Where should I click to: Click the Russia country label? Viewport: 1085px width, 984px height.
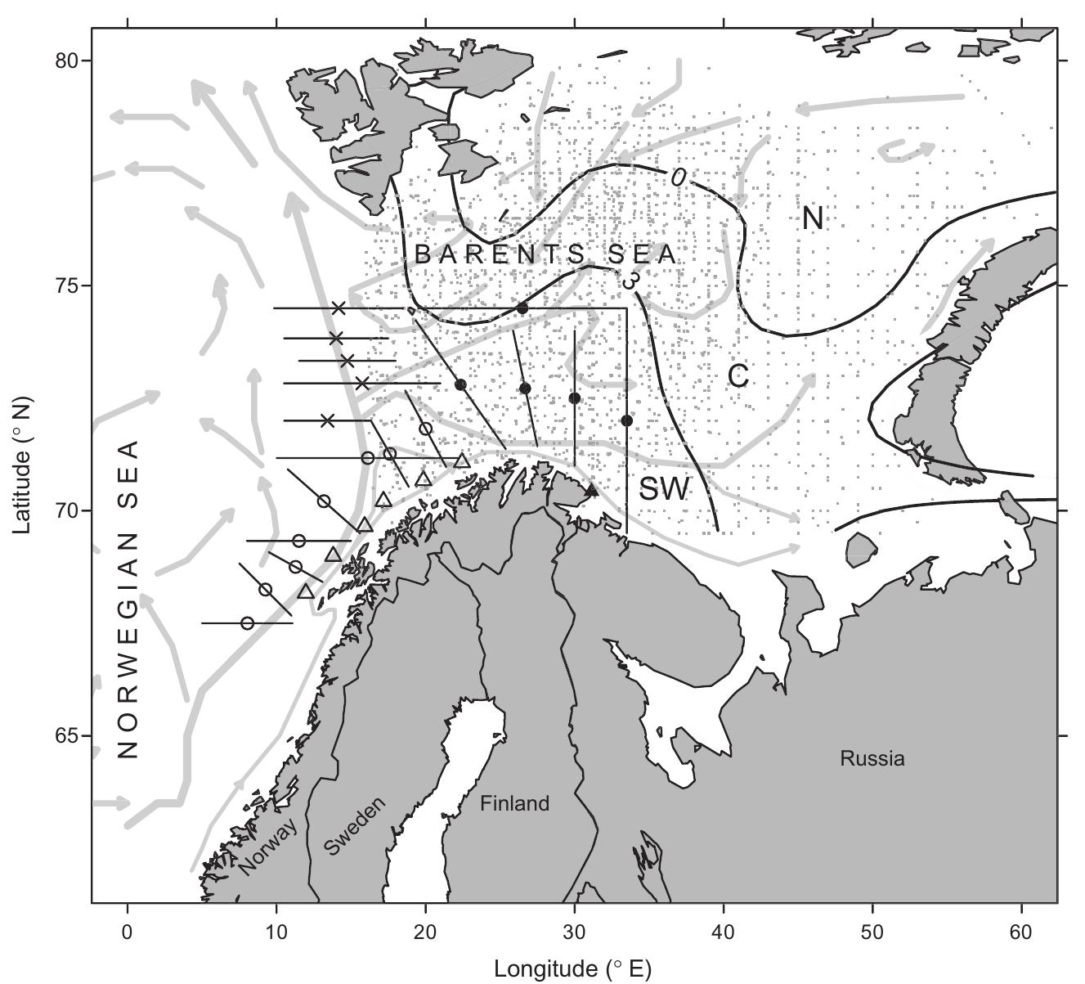872,758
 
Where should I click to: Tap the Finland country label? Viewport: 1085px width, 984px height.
514,804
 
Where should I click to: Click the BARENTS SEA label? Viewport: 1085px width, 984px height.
546,254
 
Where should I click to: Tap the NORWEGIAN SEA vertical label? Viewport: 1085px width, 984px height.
128,600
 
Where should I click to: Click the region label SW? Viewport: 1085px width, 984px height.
665,489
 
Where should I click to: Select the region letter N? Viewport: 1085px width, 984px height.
812,218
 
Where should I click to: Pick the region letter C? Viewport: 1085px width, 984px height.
738,376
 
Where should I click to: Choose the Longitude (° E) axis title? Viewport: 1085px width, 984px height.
572,969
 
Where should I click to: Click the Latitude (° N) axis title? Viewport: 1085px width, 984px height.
22,465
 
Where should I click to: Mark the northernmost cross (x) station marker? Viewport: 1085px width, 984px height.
339,308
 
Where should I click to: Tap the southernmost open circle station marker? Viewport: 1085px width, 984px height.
248,623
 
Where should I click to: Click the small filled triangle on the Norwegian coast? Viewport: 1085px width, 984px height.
593,491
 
